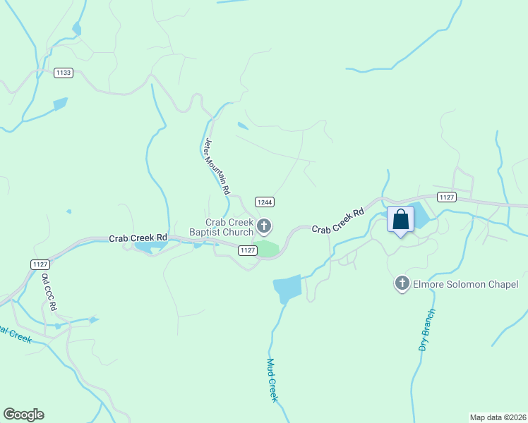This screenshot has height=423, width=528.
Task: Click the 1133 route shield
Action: [63, 72]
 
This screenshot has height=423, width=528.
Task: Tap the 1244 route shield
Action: [265, 202]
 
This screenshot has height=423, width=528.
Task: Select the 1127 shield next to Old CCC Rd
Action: [40, 264]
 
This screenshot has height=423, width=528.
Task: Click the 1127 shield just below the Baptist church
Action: [246, 250]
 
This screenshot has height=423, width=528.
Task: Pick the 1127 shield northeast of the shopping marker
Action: [445, 197]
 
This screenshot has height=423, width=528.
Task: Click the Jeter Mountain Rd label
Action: [217, 166]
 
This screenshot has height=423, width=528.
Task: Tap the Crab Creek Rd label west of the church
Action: [138, 238]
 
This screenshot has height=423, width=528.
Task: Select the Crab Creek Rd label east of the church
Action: [338, 221]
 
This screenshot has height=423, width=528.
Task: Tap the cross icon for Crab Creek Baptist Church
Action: [264, 226]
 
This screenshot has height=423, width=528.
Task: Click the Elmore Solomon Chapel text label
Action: [466, 284]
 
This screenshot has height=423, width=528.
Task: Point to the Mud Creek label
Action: [272, 380]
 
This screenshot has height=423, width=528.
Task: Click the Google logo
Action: [23, 415]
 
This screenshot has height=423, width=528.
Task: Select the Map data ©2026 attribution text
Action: [498, 417]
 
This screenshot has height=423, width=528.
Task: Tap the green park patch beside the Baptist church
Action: [267, 249]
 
